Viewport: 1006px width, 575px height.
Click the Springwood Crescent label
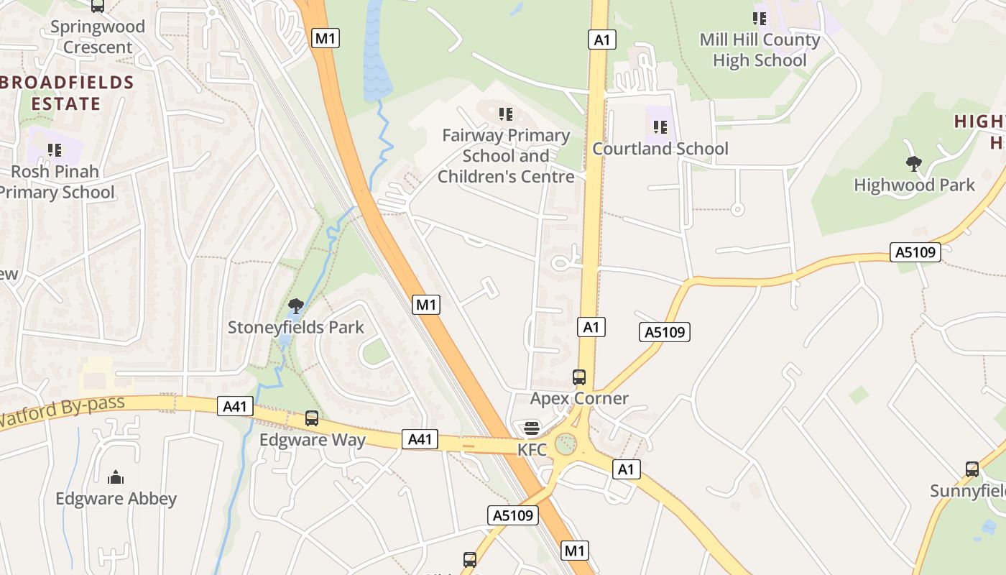click(x=98, y=37)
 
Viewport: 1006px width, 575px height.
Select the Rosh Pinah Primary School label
click(x=56, y=182)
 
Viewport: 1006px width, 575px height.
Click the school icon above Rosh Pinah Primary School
click(x=55, y=150)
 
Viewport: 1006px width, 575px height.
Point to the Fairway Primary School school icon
click(x=506, y=114)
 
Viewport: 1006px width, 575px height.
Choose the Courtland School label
click(x=660, y=149)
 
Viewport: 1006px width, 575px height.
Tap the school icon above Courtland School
click(x=660, y=127)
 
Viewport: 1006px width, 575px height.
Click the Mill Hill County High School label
click(x=760, y=50)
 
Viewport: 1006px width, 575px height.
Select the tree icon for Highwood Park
click(x=913, y=164)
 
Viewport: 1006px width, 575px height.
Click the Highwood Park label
click(x=914, y=185)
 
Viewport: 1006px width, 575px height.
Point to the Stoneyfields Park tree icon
click(x=295, y=306)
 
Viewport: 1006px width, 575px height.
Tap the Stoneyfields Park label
click(x=296, y=328)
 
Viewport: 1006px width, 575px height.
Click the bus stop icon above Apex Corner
click(x=579, y=377)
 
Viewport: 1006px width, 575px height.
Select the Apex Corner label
click(x=579, y=398)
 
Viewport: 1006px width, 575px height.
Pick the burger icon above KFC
click(x=532, y=429)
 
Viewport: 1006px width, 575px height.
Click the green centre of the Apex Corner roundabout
click(x=566, y=443)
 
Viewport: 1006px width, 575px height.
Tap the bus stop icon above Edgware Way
click(x=312, y=418)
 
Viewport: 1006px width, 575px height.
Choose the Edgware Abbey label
click(x=116, y=499)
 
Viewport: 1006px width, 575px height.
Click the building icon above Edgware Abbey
click(x=115, y=477)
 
